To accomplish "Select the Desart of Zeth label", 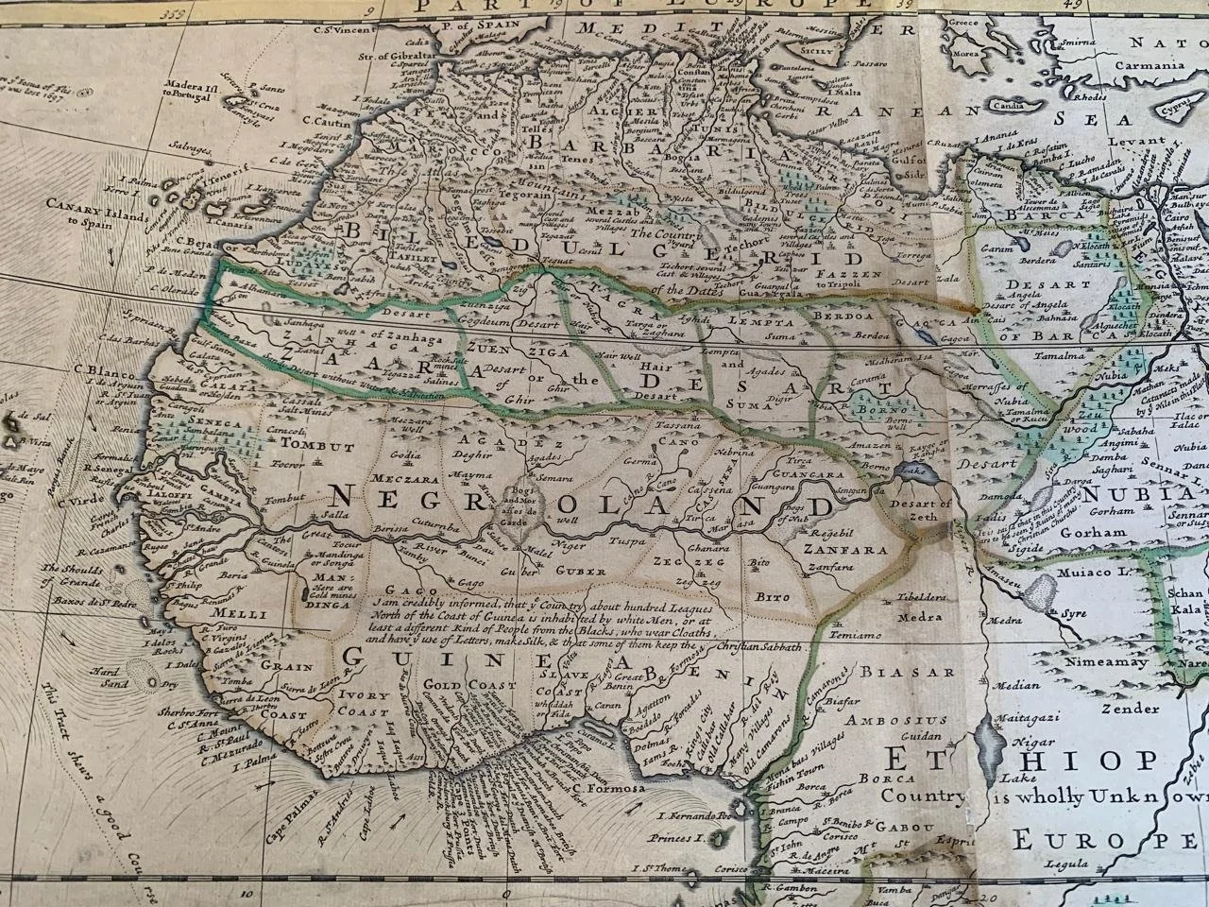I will point(926,510).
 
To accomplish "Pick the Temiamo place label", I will point(856,635).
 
